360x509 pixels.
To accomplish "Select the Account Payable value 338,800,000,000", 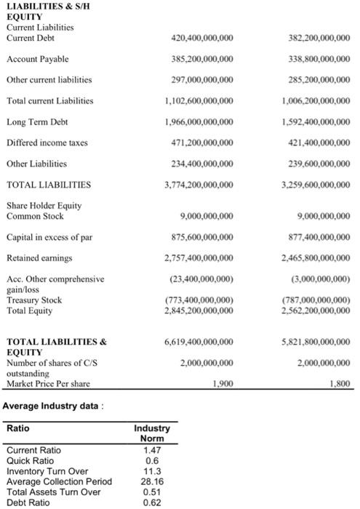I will click(319, 58).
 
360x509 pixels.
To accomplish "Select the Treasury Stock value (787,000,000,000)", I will click(318, 300).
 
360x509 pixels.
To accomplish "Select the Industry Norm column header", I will click(152, 433).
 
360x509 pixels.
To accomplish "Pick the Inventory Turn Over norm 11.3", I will click(152, 470).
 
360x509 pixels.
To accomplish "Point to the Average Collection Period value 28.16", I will click(152, 481).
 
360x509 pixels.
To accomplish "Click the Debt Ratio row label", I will click(27, 502).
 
